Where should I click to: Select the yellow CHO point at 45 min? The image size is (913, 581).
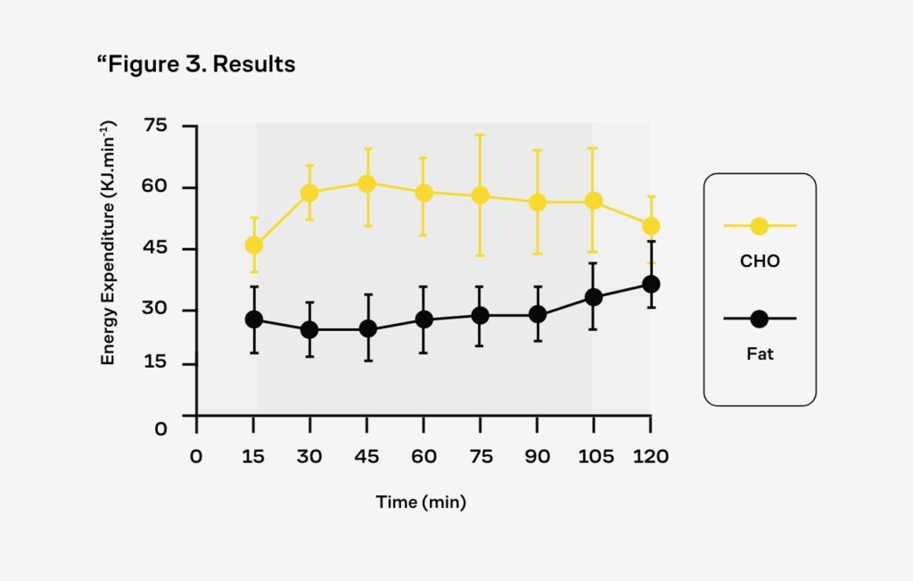pyautogui.click(x=366, y=184)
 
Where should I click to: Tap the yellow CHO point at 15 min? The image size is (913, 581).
pyautogui.click(x=253, y=245)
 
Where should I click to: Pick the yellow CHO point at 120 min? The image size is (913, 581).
pyautogui.click(x=651, y=226)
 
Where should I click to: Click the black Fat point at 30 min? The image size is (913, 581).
pyautogui.click(x=309, y=329)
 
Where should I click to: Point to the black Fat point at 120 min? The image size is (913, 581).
pyautogui.click(x=651, y=284)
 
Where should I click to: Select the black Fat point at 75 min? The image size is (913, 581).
pyautogui.click(x=480, y=315)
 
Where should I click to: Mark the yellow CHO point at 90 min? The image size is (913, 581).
pyautogui.click(x=537, y=203)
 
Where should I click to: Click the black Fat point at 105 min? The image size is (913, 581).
pyautogui.click(x=594, y=297)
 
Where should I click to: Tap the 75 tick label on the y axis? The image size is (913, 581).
pyautogui.click(x=156, y=126)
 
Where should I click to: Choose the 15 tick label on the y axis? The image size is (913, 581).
pyautogui.click(x=156, y=363)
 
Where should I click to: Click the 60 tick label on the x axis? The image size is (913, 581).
pyautogui.click(x=424, y=457)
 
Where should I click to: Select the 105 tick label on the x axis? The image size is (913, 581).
pyautogui.click(x=596, y=457)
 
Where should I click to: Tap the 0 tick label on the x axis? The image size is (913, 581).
pyautogui.click(x=196, y=457)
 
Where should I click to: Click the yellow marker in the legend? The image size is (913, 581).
pyautogui.click(x=759, y=226)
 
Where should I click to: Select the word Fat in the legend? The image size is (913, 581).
pyautogui.click(x=760, y=354)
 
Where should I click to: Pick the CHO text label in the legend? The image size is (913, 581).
pyautogui.click(x=760, y=261)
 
